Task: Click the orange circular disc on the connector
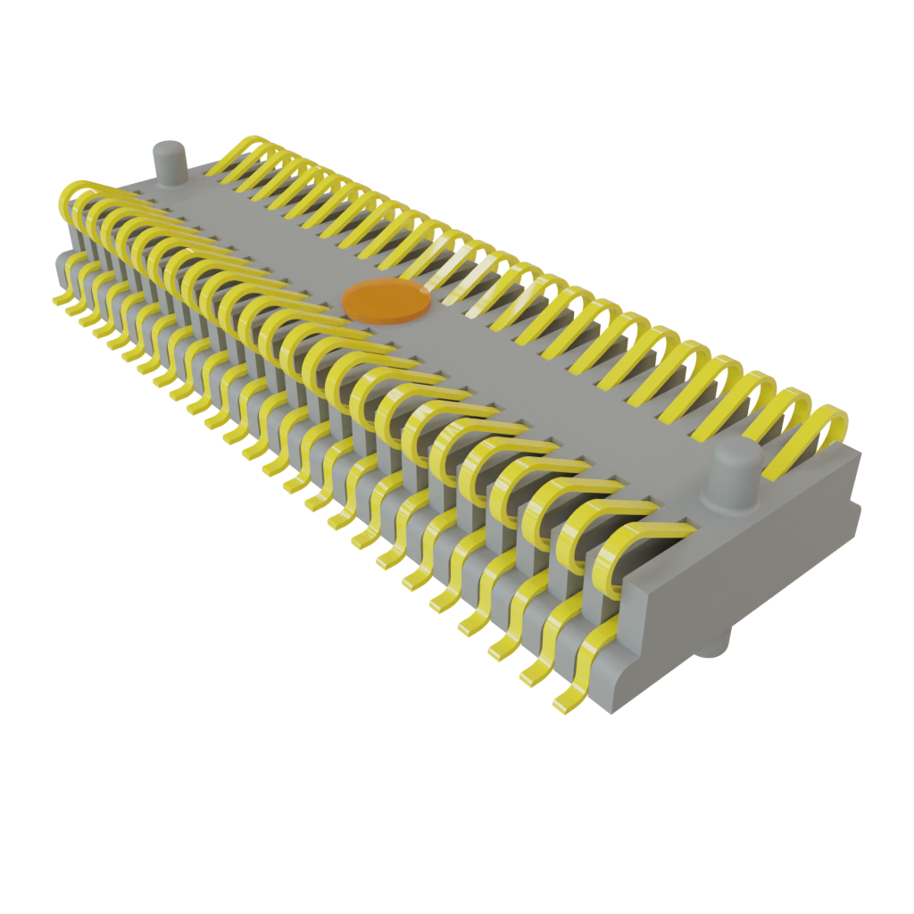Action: coord(386,300)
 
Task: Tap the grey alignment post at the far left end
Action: coord(169,164)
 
